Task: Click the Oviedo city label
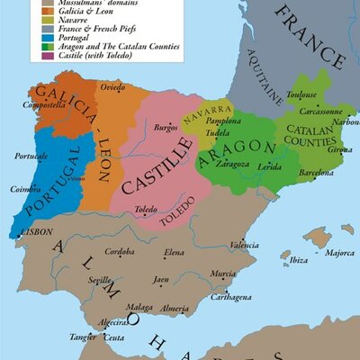coord(112,86)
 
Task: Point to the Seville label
coord(99,281)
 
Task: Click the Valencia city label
coord(244,245)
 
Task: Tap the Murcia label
coord(223,273)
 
